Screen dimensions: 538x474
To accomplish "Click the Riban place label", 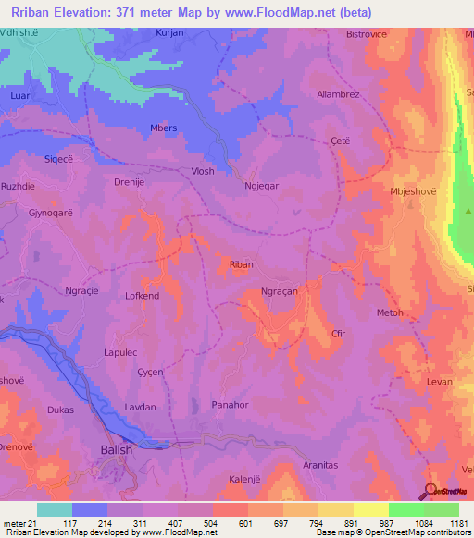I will coord(241,264).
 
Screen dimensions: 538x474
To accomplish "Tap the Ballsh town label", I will coord(117,450).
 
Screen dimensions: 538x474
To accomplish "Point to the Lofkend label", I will coord(143,296).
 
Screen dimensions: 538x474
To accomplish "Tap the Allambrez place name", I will coord(364,94).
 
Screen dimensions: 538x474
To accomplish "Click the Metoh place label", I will coord(390,312).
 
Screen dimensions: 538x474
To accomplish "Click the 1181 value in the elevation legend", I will coord(454,522).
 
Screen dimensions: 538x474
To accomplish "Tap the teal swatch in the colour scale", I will coord(55,509).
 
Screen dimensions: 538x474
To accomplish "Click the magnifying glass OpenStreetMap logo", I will coord(430,491).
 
